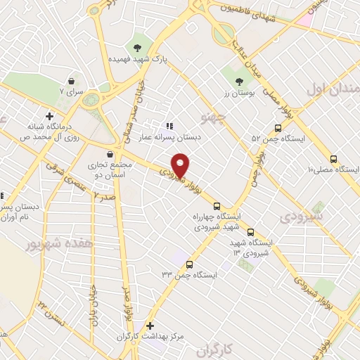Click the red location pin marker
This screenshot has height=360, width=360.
click(x=181, y=165)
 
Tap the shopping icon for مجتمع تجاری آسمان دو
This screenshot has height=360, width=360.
click(x=108, y=155)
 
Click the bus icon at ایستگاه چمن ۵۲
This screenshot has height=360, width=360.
click(x=278, y=129)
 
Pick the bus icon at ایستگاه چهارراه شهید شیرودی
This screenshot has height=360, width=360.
click(x=216, y=205)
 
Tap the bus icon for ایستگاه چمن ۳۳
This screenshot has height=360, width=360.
click(x=189, y=264)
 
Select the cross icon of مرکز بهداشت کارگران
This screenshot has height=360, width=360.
click(x=149, y=327)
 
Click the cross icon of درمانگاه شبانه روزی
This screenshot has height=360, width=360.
click(x=49, y=116)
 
